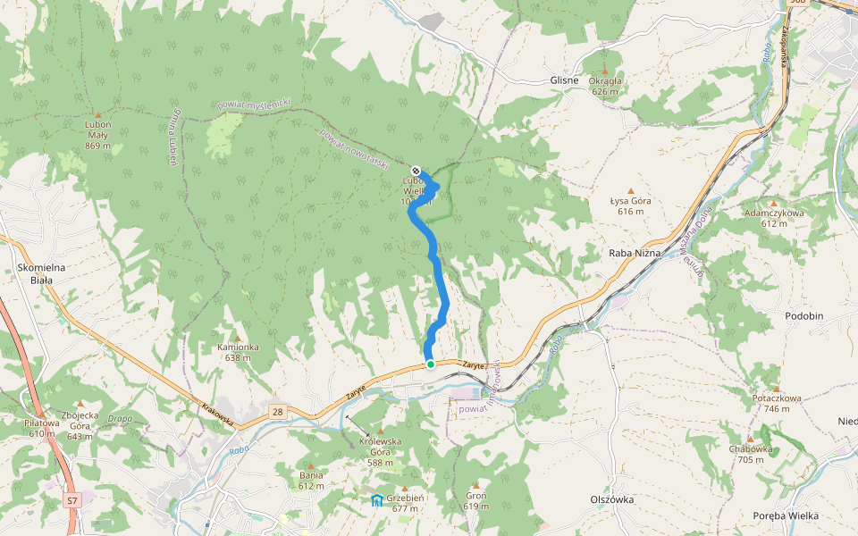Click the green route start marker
click(430, 364)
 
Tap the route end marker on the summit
click(416, 170)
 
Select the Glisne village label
click(564, 80)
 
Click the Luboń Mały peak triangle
click(97, 114)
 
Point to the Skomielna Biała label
click(35, 272)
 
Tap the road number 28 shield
click(277, 410)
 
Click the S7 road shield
click(72, 501)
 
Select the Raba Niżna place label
click(634, 253)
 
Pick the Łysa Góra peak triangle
click(631, 191)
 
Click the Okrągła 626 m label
click(605, 86)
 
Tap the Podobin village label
click(803, 316)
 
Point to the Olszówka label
click(611, 499)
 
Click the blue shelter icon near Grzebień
click(377, 499)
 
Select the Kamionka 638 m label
click(238, 351)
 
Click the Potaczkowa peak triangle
click(776, 389)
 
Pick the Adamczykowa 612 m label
click(774, 218)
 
